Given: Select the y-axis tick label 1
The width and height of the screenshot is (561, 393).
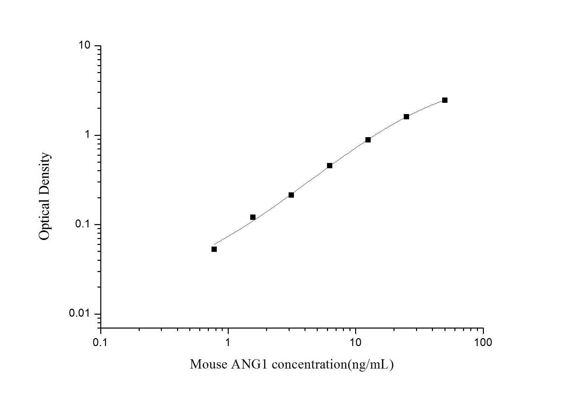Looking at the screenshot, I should (88, 135).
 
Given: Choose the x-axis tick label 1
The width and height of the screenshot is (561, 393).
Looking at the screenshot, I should (228, 342).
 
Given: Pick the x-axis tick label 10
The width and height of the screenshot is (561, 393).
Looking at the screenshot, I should (355, 342).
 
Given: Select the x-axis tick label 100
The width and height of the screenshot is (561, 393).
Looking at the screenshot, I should (483, 342).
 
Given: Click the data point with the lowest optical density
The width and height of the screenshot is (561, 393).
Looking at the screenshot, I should (214, 249).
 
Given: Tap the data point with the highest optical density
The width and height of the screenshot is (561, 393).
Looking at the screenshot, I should (445, 100).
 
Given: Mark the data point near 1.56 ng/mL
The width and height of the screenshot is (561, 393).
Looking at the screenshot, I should (253, 217).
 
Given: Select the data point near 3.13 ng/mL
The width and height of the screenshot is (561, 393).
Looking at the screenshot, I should (291, 195).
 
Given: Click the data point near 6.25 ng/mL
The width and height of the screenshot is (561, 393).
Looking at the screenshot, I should (330, 166).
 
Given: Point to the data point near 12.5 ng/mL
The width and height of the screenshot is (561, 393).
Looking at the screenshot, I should (368, 140).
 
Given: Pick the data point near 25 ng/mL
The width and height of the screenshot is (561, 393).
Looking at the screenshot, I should (406, 117).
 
